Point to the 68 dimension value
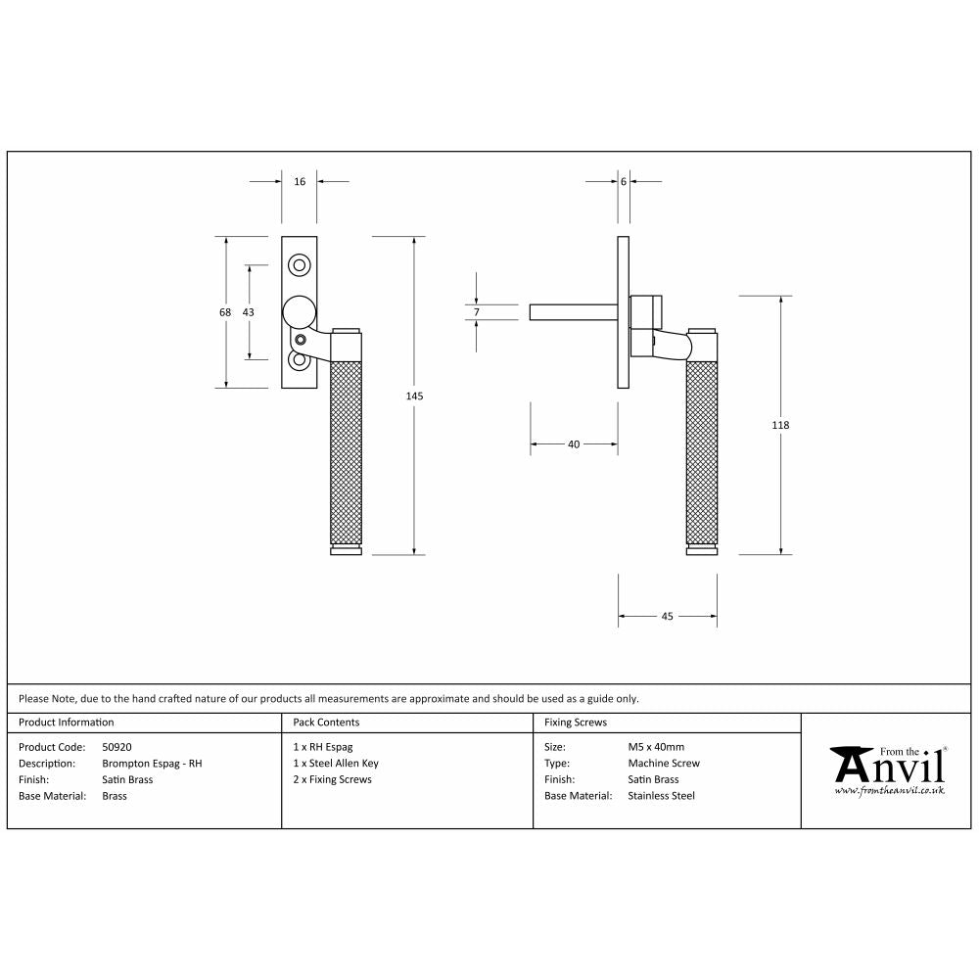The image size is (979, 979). (225, 311)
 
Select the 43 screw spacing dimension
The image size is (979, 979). (248, 311)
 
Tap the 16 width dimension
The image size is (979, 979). (300, 182)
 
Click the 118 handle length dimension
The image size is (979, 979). (780, 425)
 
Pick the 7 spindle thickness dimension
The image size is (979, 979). (477, 311)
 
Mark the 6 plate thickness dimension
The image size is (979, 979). (623, 182)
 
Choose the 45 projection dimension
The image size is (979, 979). (667, 617)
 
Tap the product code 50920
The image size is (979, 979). (117, 747)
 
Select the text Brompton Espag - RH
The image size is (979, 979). (152, 764)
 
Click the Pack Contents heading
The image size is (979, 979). (326, 723)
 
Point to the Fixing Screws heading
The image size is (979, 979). (576, 723)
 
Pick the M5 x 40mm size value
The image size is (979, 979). (656, 747)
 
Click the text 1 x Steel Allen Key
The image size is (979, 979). (336, 764)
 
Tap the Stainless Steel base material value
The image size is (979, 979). (661, 796)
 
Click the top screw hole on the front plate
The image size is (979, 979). (300, 265)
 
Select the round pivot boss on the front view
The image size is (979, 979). (300, 312)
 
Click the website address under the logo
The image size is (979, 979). (889, 789)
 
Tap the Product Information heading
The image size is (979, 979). (67, 723)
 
